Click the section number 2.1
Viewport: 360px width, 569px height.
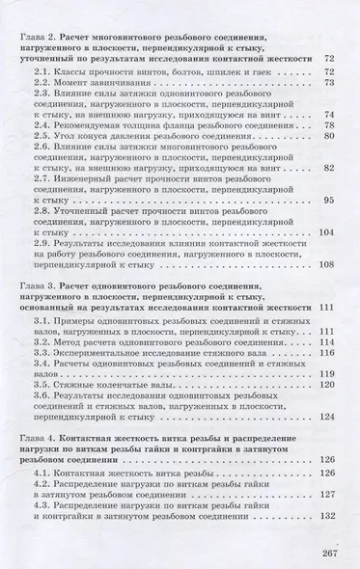coord(43,71)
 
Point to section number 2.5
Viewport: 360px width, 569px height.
coord(43,136)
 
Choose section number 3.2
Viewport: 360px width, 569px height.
coord(43,342)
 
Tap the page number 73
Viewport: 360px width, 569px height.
coord(329,84)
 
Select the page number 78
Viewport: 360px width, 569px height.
coord(329,124)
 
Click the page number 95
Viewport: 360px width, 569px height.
coord(329,200)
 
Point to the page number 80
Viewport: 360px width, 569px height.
coord(329,136)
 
